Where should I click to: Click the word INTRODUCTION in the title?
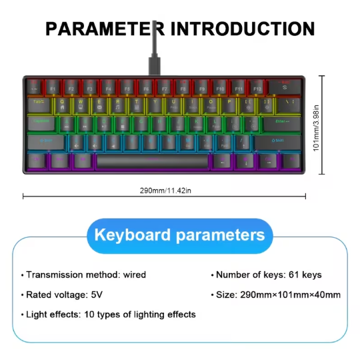pyautogui.click(x=243, y=29)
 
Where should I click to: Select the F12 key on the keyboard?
pyautogui.click(x=257, y=87)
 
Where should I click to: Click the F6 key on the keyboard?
pyautogui.click(x=145, y=87)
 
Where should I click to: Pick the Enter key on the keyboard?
pyautogui.click(x=281, y=123)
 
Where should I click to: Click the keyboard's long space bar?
pyautogui.click(x=153, y=161)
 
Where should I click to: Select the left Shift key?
pyautogui.click(x=45, y=141)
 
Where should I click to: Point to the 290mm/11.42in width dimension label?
pyautogui.click(x=165, y=190)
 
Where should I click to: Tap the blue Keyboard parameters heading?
pyautogui.click(x=180, y=235)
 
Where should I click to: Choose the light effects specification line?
pyautogui.click(x=110, y=314)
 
